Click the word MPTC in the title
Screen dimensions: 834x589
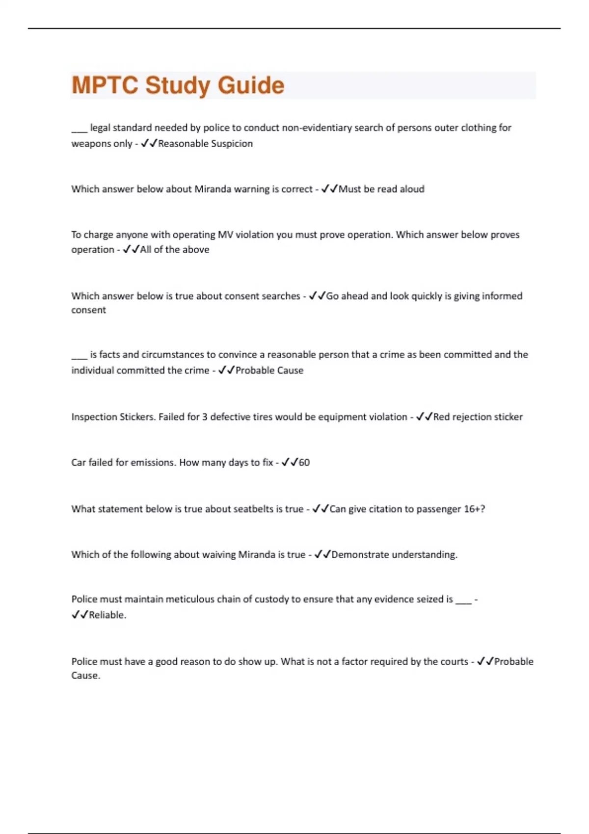pos(105,85)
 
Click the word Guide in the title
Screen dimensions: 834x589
pos(251,85)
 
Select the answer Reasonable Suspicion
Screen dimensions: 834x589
pos(205,144)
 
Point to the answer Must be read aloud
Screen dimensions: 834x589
pos(381,189)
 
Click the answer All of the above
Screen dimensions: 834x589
pos(175,250)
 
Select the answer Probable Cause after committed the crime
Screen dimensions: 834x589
pos(269,370)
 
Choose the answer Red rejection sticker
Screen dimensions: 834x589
pos(478,417)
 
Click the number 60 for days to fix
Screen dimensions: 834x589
pos(304,463)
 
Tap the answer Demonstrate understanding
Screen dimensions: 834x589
pos(394,555)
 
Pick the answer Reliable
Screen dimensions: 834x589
pos(107,615)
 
